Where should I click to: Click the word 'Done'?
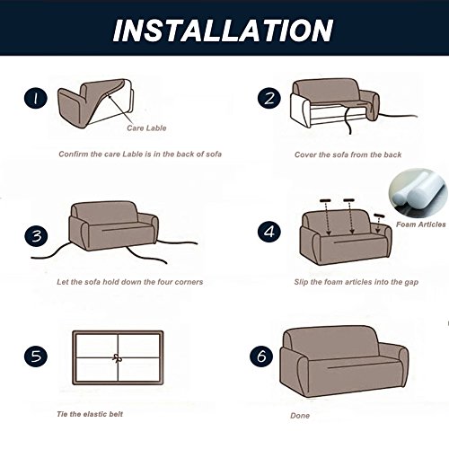click(x=300, y=417)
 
